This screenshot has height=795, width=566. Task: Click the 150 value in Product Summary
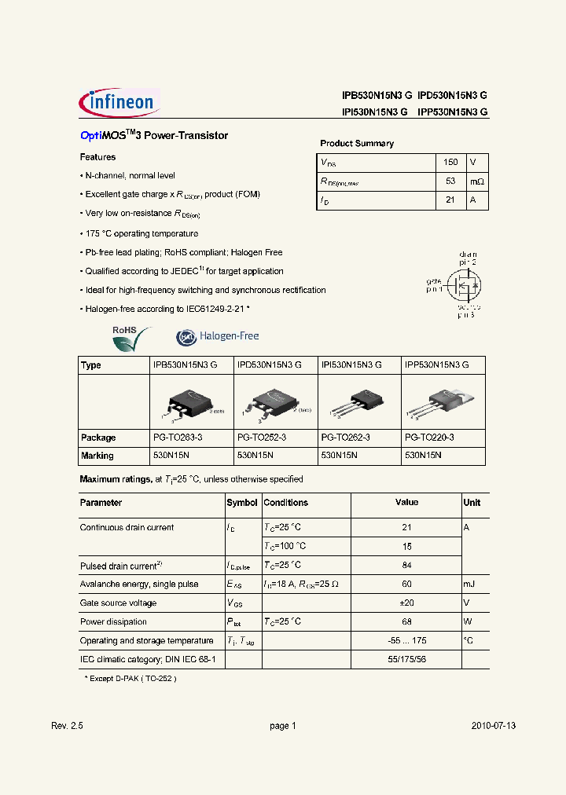pyautogui.click(x=450, y=162)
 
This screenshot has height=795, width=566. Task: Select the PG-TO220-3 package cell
pyautogui.click(x=429, y=438)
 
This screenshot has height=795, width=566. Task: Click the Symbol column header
pyautogui.click(x=241, y=503)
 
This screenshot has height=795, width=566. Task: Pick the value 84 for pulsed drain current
pyautogui.click(x=406, y=566)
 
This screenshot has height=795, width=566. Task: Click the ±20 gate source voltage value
pyautogui.click(x=406, y=603)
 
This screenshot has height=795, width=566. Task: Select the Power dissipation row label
pyautogui.click(x=113, y=622)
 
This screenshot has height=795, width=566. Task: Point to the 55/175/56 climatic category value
pyautogui.click(x=406, y=660)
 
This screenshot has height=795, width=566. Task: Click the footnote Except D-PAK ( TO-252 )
pyautogui.click(x=125, y=677)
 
